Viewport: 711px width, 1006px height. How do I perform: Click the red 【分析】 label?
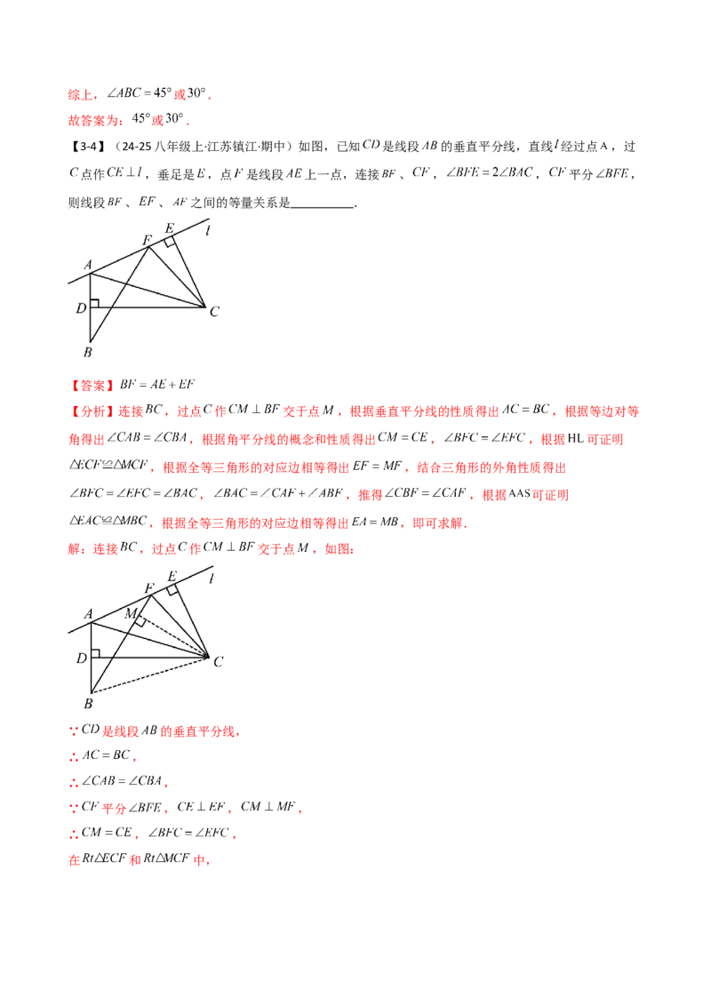(x=92, y=412)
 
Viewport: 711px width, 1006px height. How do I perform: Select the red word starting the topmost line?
(x=80, y=93)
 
